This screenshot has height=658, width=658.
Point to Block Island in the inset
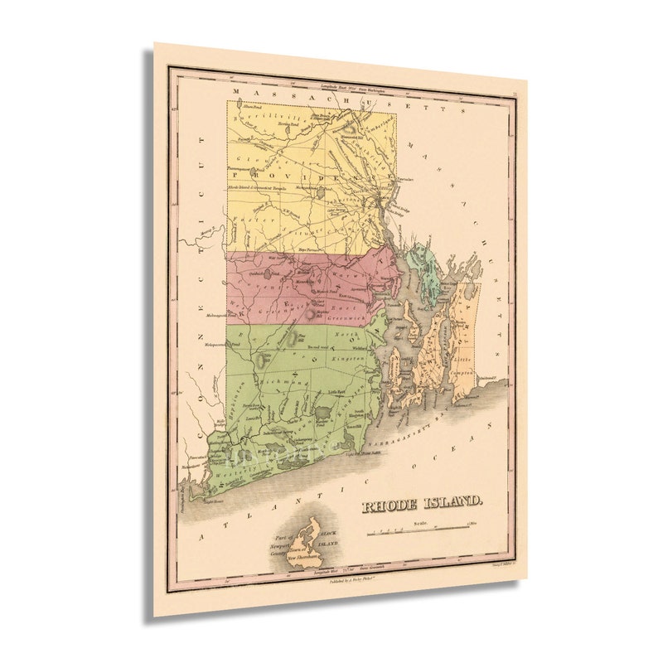click(x=307, y=538)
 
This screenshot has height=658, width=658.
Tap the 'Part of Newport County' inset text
click(x=279, y=545)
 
